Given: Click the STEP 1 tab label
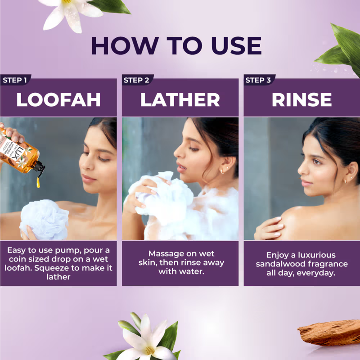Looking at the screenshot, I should click(15, 81).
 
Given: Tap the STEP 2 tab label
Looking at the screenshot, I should click(136, 81).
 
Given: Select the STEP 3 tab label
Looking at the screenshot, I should click(258, 81).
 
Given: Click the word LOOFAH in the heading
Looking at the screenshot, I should click(58, 100).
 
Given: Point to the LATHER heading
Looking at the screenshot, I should click(180, 100).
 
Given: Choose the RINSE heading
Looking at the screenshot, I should click(301, 100).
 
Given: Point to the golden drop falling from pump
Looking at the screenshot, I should click(38, 182).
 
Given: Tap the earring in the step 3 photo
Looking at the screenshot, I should click(344, 180).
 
